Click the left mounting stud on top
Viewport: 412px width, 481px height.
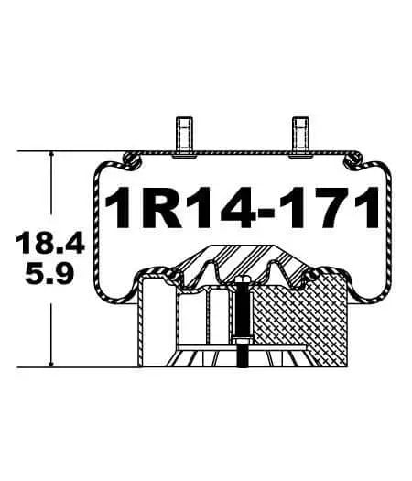(x=179, y=134)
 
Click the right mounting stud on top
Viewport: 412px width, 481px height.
(x=299, y=134)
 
